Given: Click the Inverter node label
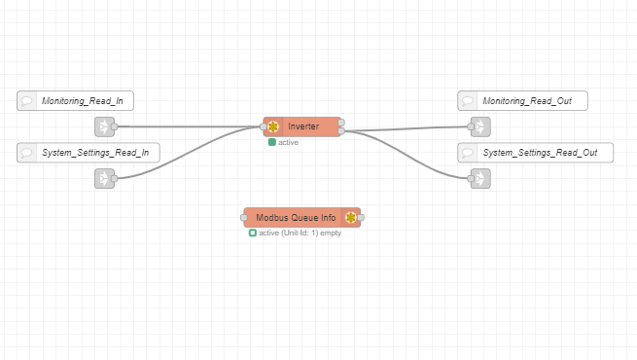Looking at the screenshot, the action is coord(303,126).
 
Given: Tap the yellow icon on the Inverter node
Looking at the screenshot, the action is coord(273,126).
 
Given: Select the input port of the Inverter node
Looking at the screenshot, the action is coord(264,126).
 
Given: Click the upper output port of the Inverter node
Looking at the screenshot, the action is coord(341,123).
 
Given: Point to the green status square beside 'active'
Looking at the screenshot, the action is coord(272,142).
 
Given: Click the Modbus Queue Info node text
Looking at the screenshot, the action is coord(296,218).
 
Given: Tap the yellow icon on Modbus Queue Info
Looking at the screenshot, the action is coord(351,218).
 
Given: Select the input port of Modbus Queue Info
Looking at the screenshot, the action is coord(244,218).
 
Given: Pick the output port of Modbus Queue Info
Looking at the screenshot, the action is coord(361,218).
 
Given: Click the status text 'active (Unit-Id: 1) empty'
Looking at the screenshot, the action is coord(300,233).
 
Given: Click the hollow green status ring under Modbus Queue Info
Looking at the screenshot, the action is coord(253,233).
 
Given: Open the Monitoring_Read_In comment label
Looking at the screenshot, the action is coord(75,101).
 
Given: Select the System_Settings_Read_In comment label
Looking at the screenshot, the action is coord(88,153).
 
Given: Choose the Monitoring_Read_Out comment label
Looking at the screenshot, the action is coord(522,101).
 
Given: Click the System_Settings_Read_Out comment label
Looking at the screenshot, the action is coord(536,153).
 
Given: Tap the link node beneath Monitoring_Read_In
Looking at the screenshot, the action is coord(104,126).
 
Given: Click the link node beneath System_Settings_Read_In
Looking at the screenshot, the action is coord(104,179).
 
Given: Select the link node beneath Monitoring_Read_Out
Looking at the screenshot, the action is coord(480,126).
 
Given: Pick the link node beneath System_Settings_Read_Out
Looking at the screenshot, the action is coord(480,179).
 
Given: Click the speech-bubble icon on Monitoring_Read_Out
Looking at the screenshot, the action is coord(467,101).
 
